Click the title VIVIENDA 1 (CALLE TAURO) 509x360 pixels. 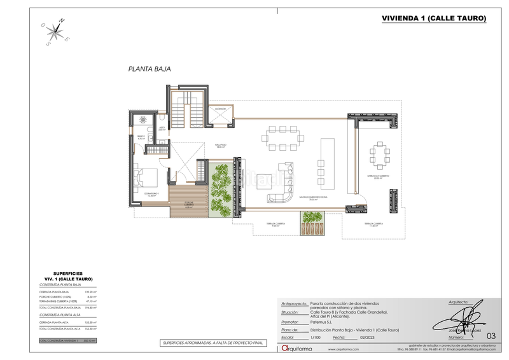tap(434, 19)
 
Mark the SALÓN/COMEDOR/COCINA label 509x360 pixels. tap(312, 198)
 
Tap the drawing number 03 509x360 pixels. tap(489, 335)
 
